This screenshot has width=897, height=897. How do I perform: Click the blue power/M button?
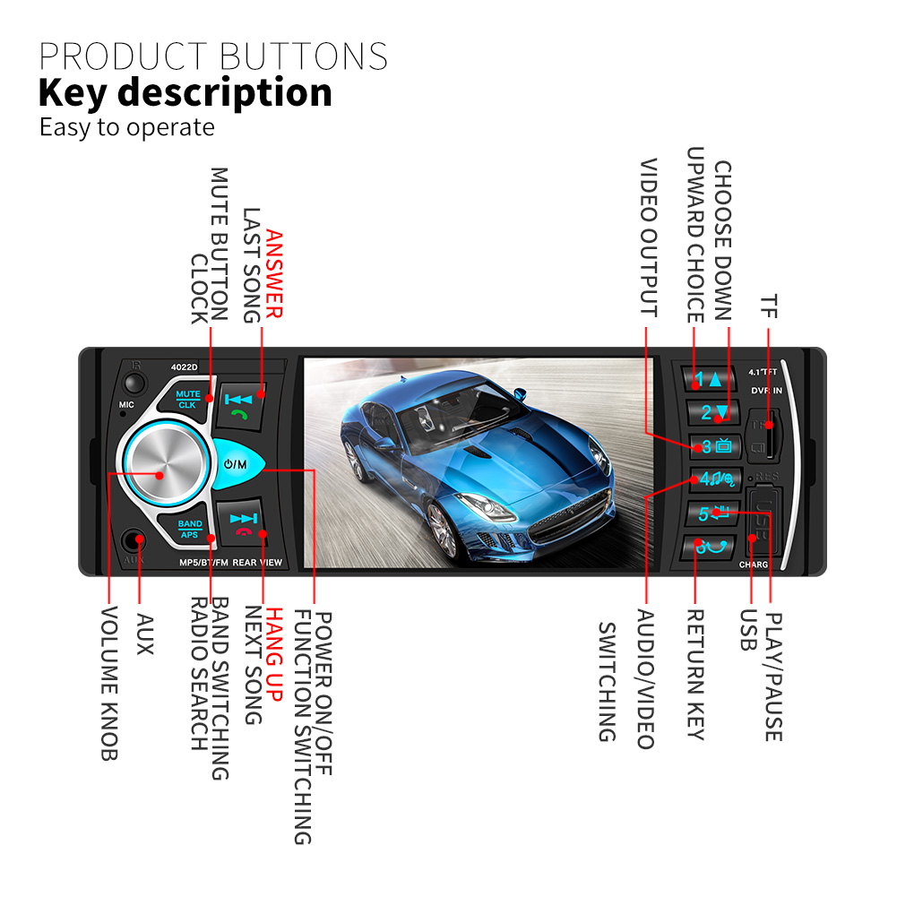[237, 465]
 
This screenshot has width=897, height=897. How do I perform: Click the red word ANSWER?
[273, 274]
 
